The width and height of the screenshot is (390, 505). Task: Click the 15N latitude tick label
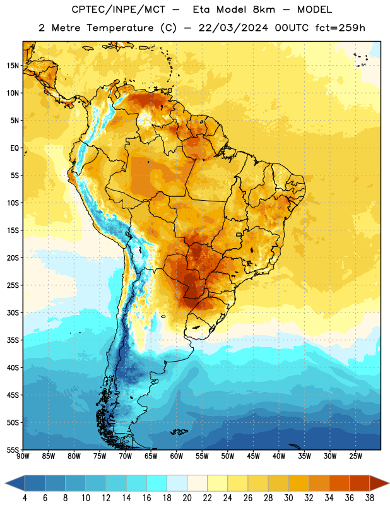click(x=13, y=66)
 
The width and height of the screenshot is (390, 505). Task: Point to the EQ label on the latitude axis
click(x=15, y=148)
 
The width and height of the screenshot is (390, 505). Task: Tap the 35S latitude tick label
click(x=13, y=340)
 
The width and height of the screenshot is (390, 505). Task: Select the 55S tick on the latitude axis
click(x=13, y=449)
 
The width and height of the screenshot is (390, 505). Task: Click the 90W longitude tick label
click(x=23, y=456)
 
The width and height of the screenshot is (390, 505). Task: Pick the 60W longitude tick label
click(x=177, y=456)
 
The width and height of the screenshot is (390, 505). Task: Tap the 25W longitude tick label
click(x=355, y=456)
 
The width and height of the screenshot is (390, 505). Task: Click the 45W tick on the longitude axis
click(x=253, y=456)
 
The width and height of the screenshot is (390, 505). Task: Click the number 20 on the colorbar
click(x=187, y=498)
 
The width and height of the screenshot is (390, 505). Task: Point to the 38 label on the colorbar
click(x=370, y=498)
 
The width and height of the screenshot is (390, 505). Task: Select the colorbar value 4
click(x=25, y=498)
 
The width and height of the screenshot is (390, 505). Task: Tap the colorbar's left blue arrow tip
click(x=5, y=483)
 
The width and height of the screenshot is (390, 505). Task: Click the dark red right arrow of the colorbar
click(x=380, y=483)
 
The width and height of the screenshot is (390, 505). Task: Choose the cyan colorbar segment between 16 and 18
click(x=157, y=483)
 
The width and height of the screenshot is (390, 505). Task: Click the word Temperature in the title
click(x=120, y=28)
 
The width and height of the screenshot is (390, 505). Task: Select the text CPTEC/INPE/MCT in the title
click(x=118, y=9)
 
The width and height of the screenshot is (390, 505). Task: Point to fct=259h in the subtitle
click(x=340, y=28)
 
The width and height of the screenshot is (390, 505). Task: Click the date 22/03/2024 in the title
click(x=233, y=28)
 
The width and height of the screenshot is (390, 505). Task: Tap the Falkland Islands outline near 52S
click(x=179, y=432)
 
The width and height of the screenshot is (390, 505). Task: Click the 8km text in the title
click(x=264, y=9)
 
